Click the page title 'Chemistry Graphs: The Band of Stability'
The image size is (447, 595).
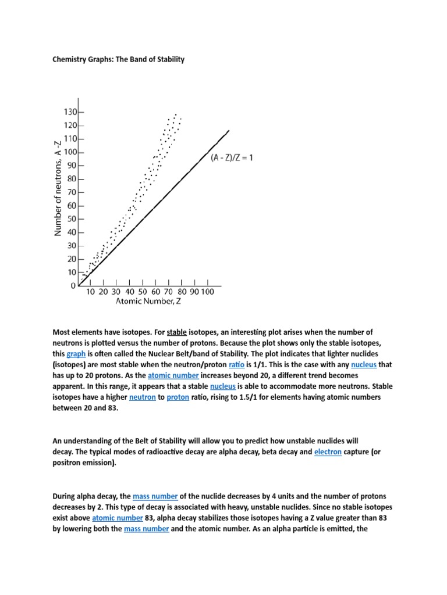point(119,59)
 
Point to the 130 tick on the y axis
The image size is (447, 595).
point(70,112)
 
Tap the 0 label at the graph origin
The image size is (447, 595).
point(73,286)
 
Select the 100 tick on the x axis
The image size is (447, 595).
point(207,291)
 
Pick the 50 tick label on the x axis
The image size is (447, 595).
point(142,291)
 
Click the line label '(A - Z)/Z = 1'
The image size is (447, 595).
point(232,157)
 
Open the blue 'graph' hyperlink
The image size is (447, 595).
point(76,353)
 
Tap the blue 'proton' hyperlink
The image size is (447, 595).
point(178,397)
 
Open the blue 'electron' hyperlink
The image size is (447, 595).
point(328,451)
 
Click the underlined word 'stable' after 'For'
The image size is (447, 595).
point(176,332)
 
